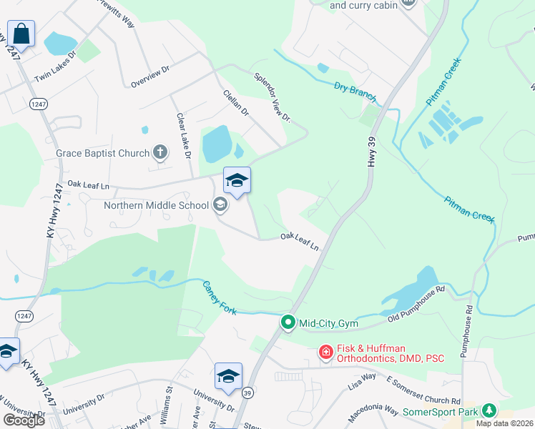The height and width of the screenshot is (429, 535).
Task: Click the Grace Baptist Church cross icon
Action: (x=159, y=152)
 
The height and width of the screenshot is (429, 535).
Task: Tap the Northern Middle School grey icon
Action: (x=220, y=205)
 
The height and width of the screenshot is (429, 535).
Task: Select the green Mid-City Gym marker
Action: (x=288, y=323)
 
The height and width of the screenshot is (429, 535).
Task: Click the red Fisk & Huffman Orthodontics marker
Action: (x=325, y=351)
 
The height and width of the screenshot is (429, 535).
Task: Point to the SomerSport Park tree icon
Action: (x=489, y=410)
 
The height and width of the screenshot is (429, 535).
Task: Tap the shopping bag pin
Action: (x=21, y=34)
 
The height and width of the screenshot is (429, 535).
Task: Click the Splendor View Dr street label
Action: (x=272, y=95)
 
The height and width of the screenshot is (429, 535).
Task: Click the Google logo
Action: (x=24, y=420)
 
